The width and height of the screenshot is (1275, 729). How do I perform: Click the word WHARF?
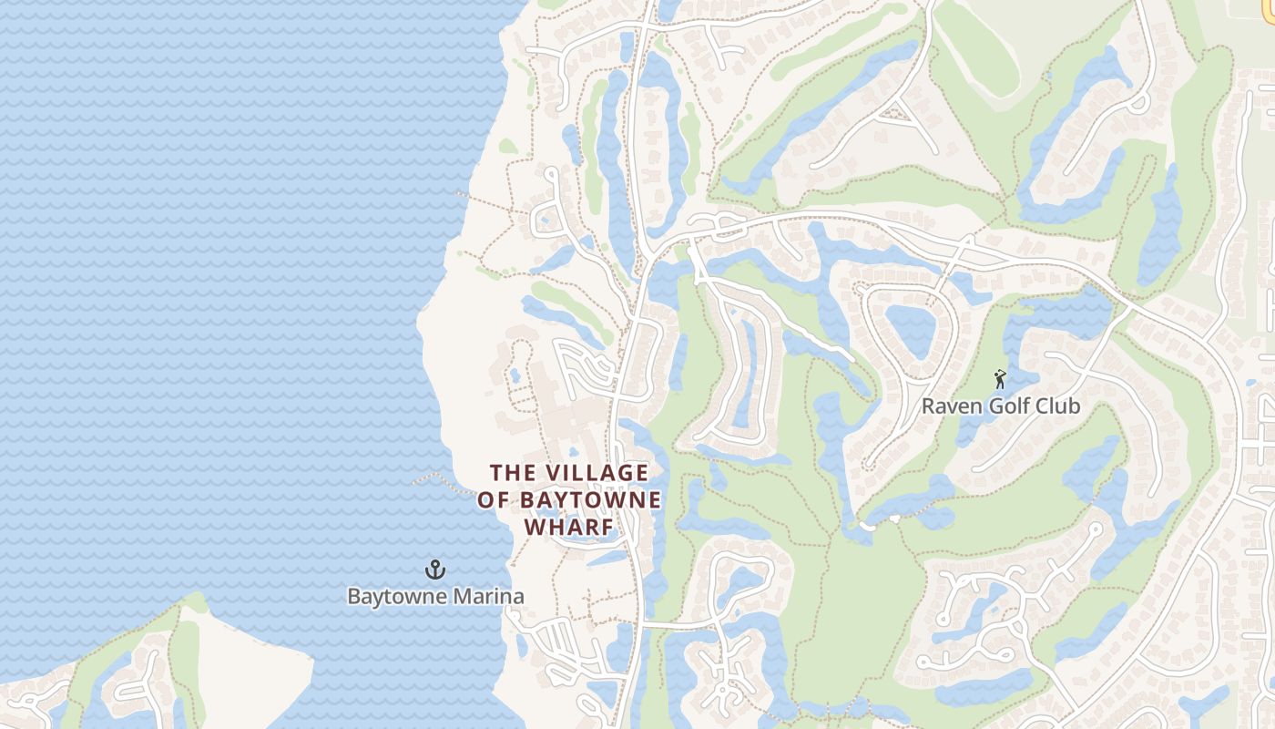[x=569, y=528]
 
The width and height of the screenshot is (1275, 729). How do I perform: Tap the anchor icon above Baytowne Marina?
[x=435, y=570]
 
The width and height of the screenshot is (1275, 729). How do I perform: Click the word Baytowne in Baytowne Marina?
[x=393, y=597]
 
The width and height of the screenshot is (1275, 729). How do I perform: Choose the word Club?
[x=1058, y=406]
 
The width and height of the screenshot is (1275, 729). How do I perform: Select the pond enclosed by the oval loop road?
[x=909, y=329]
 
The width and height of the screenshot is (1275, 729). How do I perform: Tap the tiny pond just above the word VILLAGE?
[x=574, y=452]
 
